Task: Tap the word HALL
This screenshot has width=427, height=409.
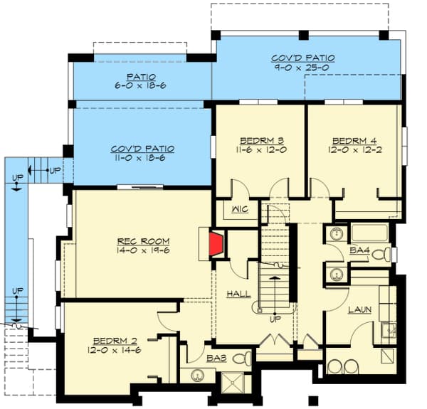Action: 238,293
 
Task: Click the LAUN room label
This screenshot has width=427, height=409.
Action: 360,309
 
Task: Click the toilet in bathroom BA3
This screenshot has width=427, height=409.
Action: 243,358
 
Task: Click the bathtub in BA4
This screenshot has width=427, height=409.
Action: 369,234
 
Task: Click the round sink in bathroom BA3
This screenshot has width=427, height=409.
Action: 191,375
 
